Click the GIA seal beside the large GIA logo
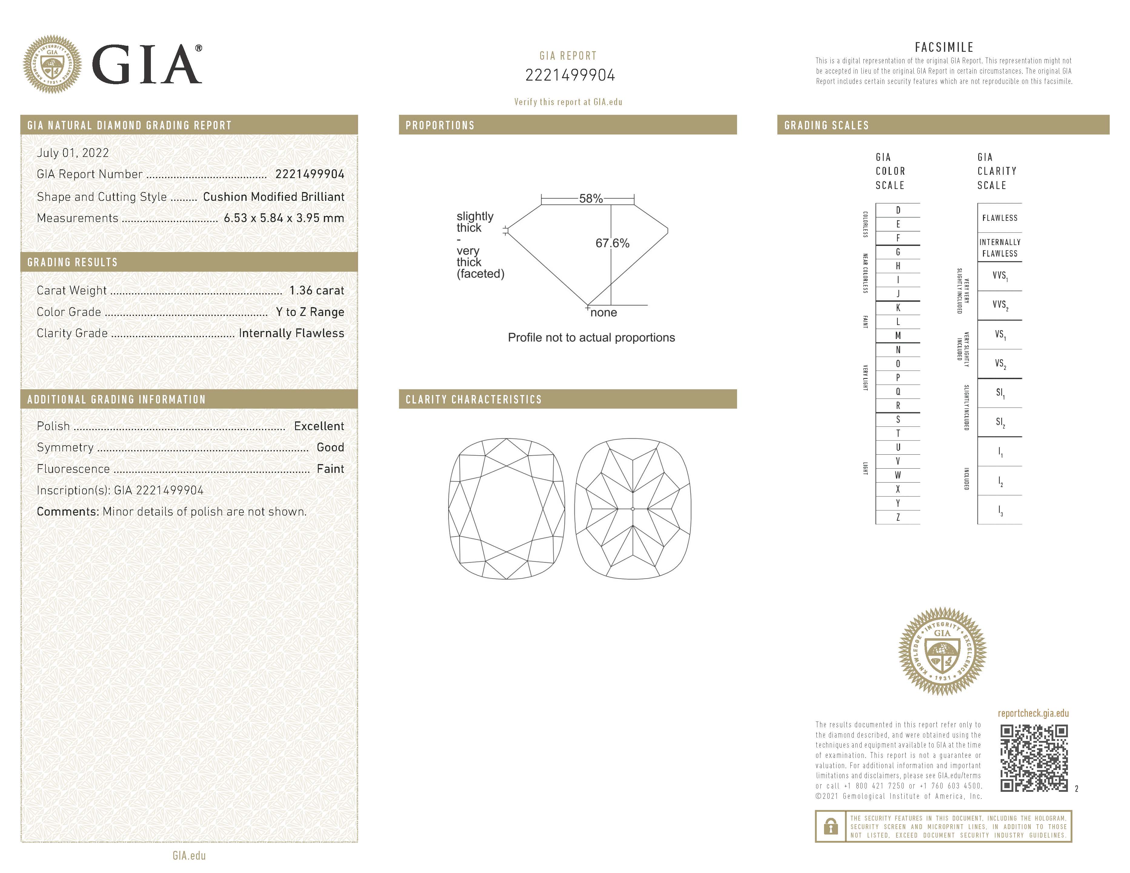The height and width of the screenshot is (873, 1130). pyautogui.click(x=52, y=65)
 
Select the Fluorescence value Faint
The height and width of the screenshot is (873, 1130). pyautogui.click(x=330, y=469)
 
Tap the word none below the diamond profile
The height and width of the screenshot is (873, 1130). pyautogui.click(x=603, y=313)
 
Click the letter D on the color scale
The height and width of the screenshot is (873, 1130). pyautogui.click(x=898, y=210)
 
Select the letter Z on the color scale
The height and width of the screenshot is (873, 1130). pyautogui.click(x=898, y=517)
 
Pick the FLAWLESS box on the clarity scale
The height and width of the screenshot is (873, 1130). pyautogui.click(x=1000, y=218)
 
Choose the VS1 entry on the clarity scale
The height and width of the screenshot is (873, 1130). pyautogui.click(x=1000, y=335)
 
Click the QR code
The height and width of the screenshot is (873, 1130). pyautogui.click(x=1033, y=758)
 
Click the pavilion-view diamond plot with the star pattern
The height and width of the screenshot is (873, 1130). pyautogui.click(x=633, y=509)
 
